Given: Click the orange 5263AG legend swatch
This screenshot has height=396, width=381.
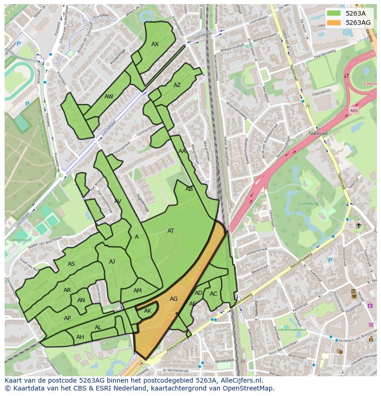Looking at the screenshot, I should (x=334, y=22).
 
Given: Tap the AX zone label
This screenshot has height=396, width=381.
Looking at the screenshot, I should (x=155, y=44).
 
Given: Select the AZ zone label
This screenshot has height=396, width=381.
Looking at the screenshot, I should (x=177, y=85).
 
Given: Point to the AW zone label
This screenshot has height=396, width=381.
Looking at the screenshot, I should (x=109, y=97).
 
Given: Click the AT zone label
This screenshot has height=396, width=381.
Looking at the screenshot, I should (x=171, y=231).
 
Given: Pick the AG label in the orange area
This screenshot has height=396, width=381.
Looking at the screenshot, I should (x=173, y=299).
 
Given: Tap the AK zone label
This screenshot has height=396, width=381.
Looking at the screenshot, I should (x=148, y=311).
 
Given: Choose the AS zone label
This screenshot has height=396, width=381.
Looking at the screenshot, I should (x=71, y=264).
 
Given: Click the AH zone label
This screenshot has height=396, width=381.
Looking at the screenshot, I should (x=80, y=337).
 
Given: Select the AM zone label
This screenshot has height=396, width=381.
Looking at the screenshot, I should (x=138, y=291).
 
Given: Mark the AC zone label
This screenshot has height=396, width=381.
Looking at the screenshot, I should (x=214, y=294).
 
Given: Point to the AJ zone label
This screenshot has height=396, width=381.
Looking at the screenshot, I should (x=112, y=262).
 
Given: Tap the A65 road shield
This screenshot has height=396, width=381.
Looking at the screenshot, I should (x=353, y=111).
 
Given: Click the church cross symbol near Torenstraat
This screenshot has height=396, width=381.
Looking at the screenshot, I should (x=359, y=225).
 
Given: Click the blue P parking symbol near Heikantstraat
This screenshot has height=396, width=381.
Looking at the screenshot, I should (x=329, y=260).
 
